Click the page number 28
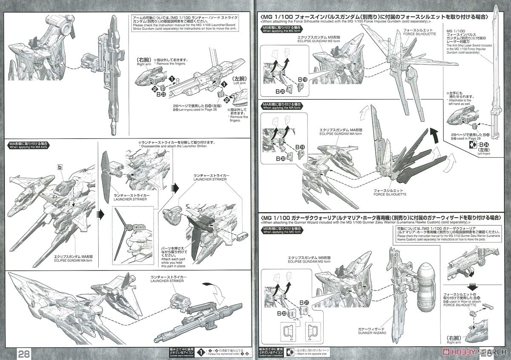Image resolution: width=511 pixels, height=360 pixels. tap(24, 353)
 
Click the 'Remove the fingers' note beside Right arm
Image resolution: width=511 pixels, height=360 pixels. tap(169, 65)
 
